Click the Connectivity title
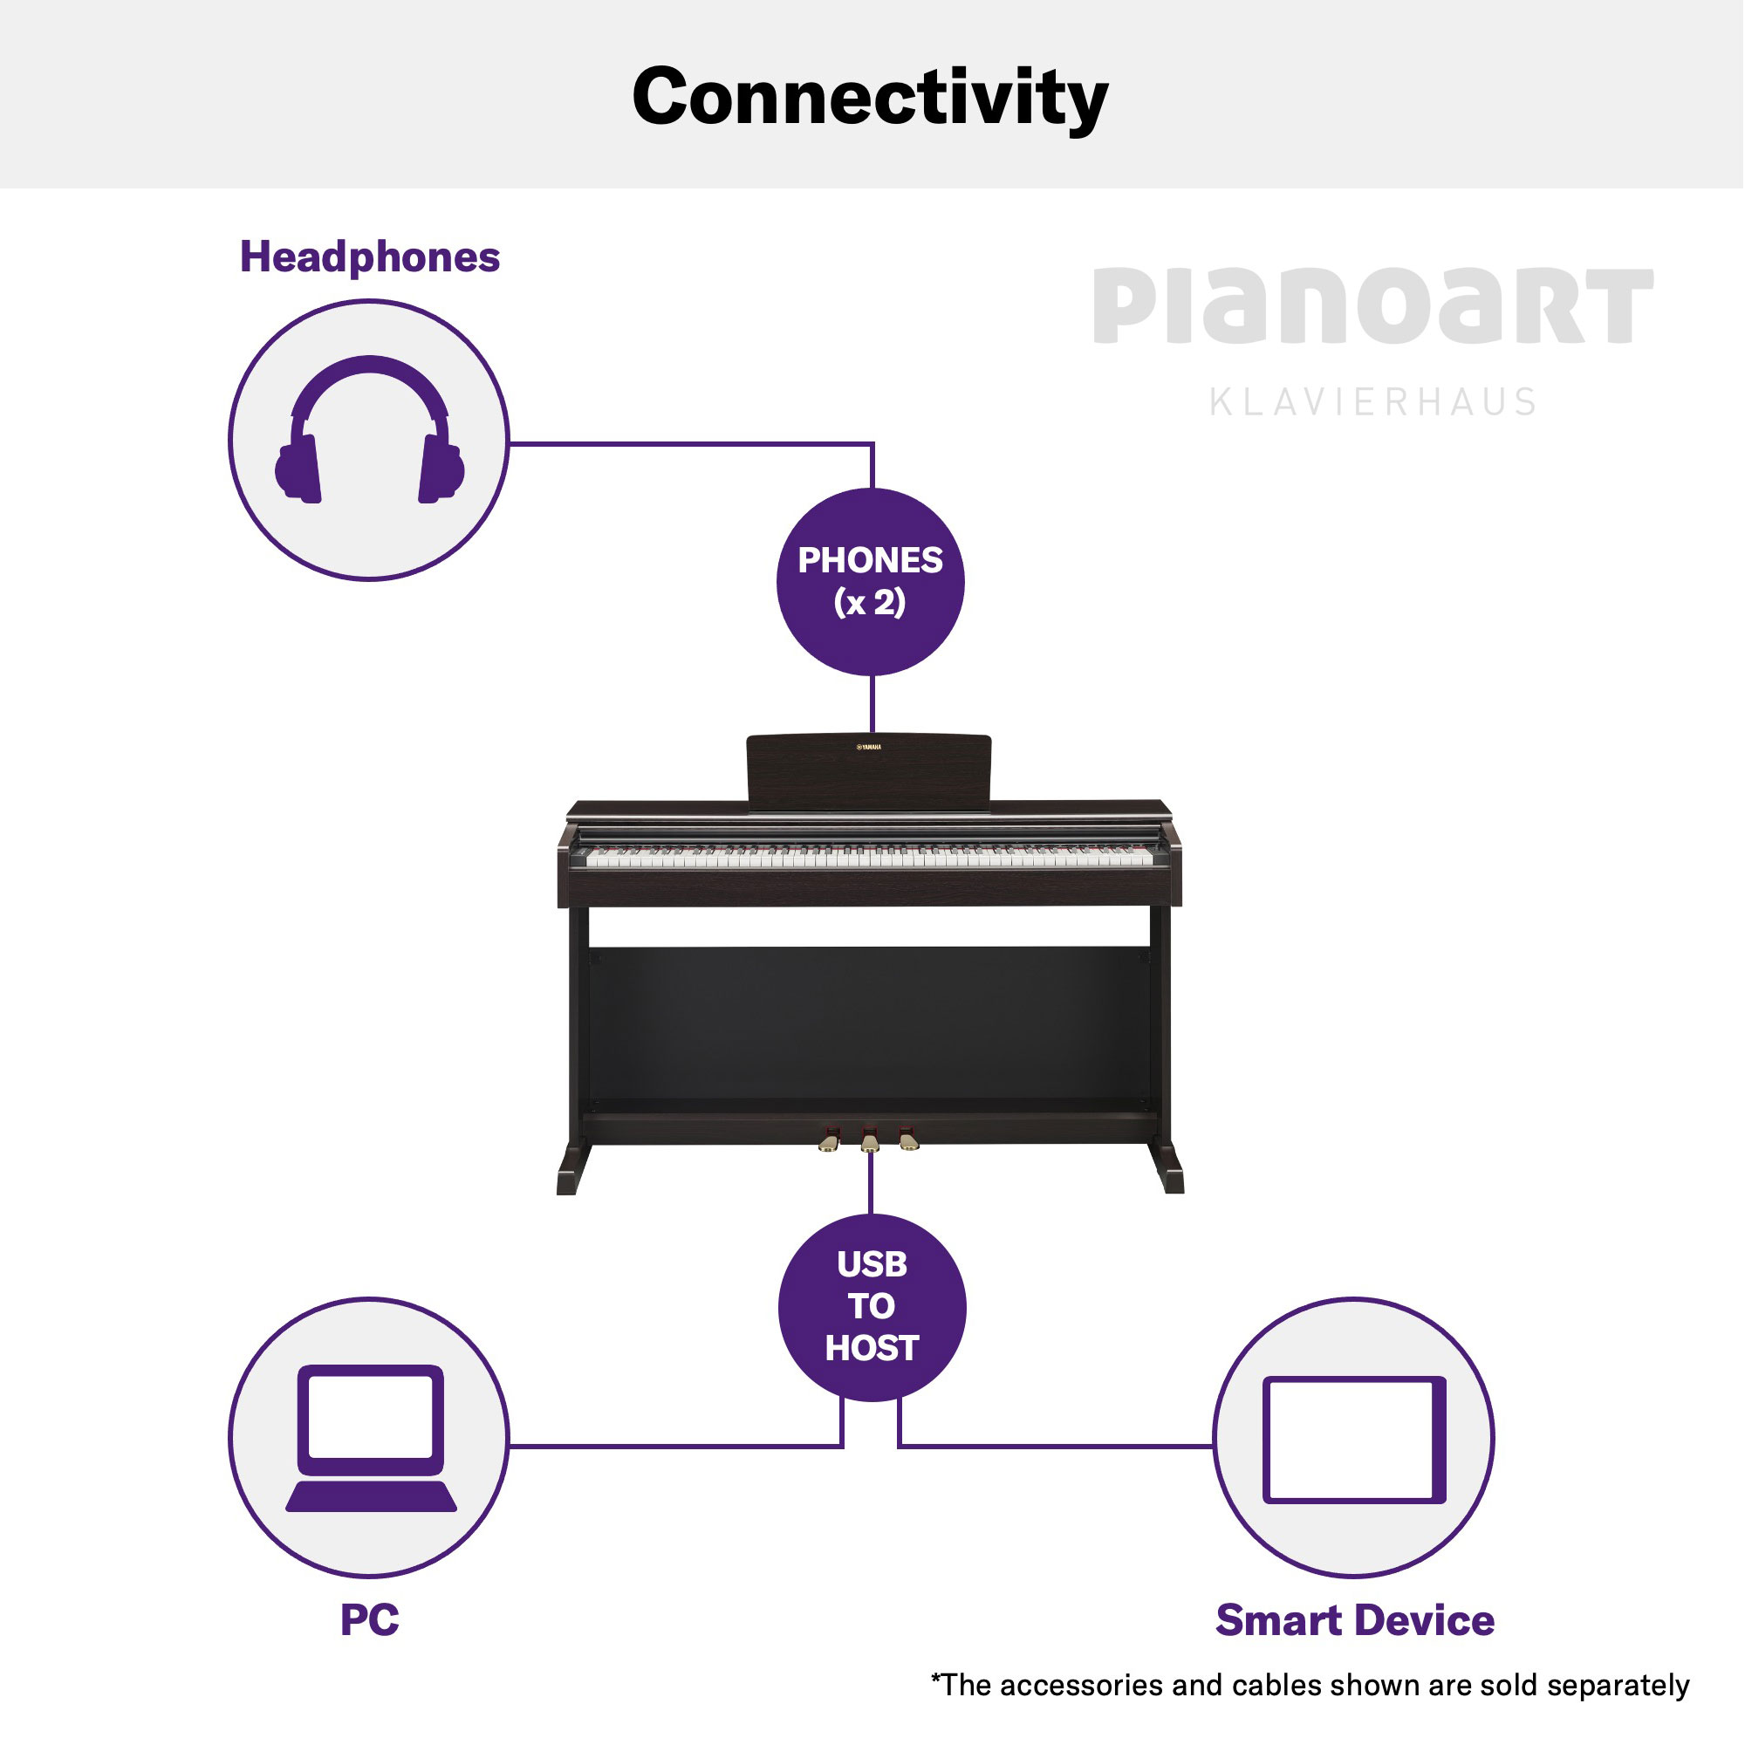coord(871,98)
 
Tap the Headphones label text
coord(369,257)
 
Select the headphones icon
coord(369,430)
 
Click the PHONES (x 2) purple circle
coord(872,582)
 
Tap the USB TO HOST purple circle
coord(872,1309)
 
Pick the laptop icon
coord(370,1438)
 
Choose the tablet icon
coord(1355,1440)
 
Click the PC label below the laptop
coord(369,1619)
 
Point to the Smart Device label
coord(1355,1620)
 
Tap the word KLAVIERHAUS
coord(1372,402)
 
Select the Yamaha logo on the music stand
coord(869,748)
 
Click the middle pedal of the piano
coord(870,1140)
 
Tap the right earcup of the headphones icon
coord(441,468)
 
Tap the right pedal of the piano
coord(908,1139)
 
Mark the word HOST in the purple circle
coord(872,1350)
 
